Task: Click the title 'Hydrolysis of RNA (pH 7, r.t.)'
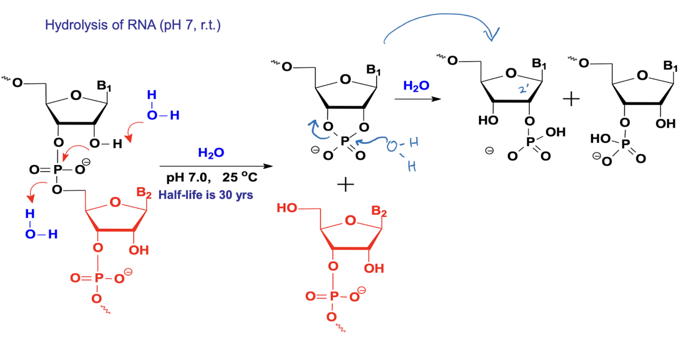(x=133, y=25)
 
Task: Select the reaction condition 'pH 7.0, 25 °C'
(x=212, y=178)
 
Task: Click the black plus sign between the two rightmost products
(x=572, y=99)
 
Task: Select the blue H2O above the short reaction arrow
(x=416, y=85)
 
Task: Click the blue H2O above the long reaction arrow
(x=211, y=153)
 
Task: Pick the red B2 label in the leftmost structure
(x=143, y=192)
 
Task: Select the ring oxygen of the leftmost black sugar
(x=77, y=96)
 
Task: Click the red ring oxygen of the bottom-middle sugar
(x=350, y=222)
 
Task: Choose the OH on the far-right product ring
(x=667, y=124)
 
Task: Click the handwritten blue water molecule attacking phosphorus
(x=403, y=152)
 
